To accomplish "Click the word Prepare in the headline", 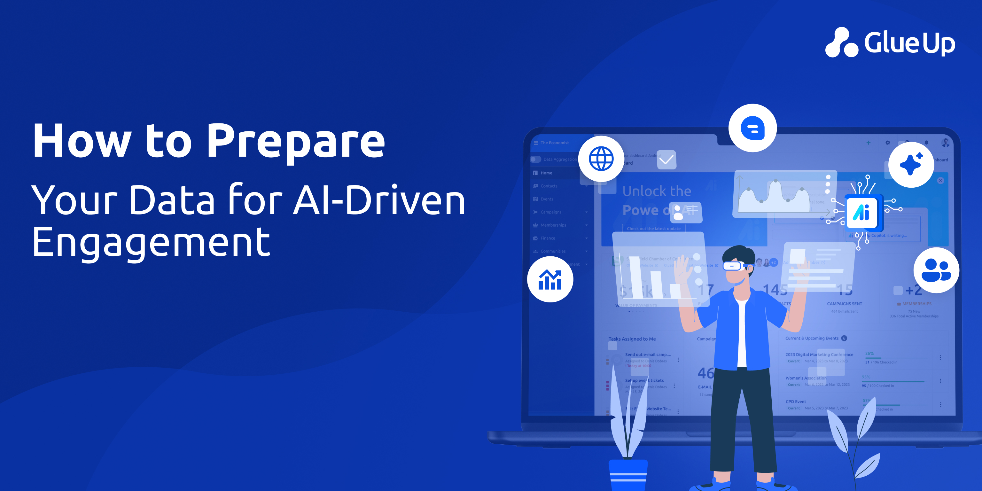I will (296, 141).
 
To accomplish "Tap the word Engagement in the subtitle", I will (151, 242).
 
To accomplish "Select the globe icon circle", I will (601, 159).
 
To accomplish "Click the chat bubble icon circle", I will (752, 128).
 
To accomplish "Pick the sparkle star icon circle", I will (911, 165).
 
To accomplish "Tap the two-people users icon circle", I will (936, 270).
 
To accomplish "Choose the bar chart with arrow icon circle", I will (550, 279).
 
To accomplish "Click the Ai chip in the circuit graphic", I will (861, 212).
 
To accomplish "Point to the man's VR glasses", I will (734, 266).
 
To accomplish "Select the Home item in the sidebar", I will (546, 173).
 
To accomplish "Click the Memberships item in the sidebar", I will (553, 225).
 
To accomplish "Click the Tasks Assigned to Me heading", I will (632, 339).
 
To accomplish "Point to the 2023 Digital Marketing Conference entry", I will (819, 355).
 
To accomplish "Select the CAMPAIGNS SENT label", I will (844, 304).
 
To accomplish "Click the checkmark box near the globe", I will (666, 160).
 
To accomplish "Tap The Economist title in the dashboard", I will (554, 143).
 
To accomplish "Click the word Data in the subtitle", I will (172, 200).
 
